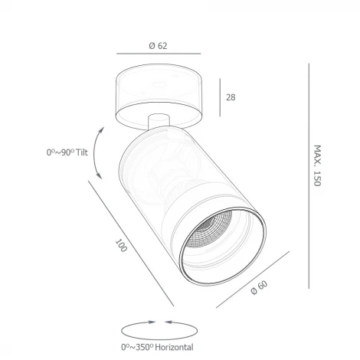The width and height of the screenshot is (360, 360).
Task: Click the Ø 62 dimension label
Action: point(159,45)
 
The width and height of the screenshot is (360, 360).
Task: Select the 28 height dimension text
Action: point(231,97)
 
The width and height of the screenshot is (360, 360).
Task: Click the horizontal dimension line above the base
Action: point(159,55)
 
